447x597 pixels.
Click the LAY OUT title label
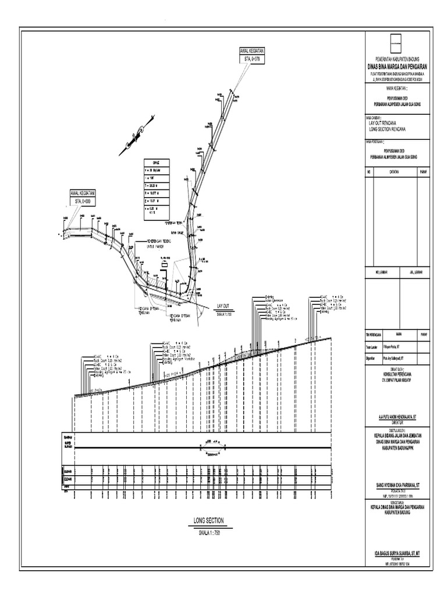pos(223,305)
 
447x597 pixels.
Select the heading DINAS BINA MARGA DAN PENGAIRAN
pos(398,67)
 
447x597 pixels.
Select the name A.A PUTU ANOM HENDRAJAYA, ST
pos(398,417)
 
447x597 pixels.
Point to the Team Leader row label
pos(372,346)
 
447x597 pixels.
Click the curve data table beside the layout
pos(159,189)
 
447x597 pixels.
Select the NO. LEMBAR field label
pos(381,271)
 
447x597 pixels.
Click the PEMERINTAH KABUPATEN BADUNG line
pos(398,60)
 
